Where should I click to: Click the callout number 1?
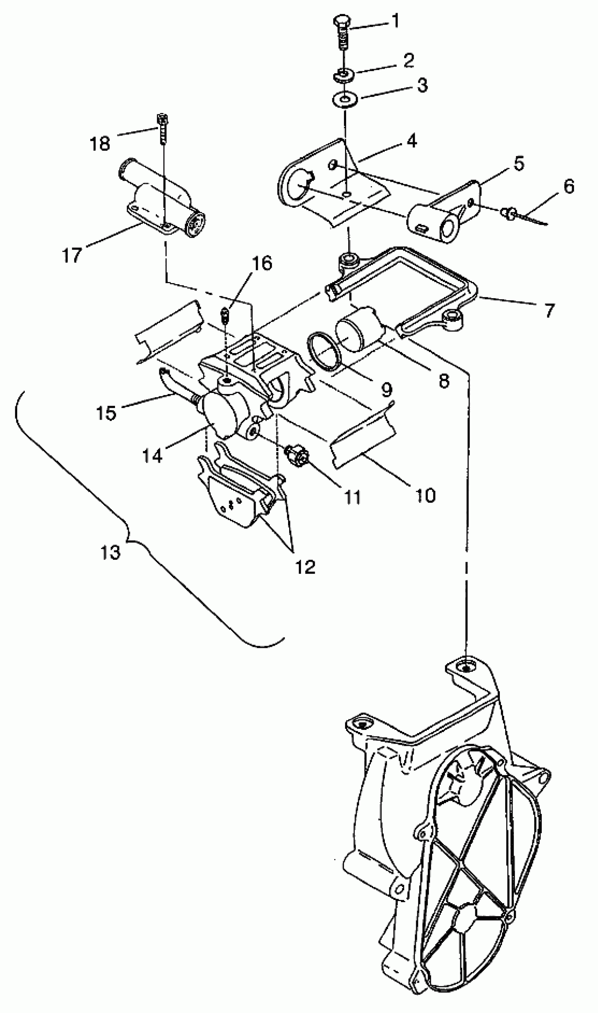396,21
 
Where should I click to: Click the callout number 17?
72,255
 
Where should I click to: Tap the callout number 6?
568,187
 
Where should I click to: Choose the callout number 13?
110,552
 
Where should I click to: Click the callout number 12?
305,567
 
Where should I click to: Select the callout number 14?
152,456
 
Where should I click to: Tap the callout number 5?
518,163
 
